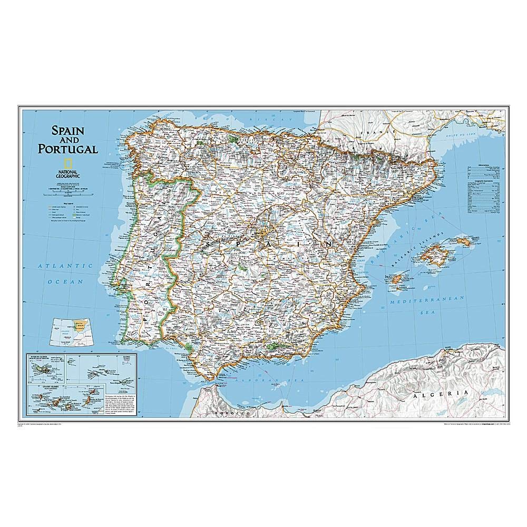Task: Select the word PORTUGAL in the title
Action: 67,149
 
